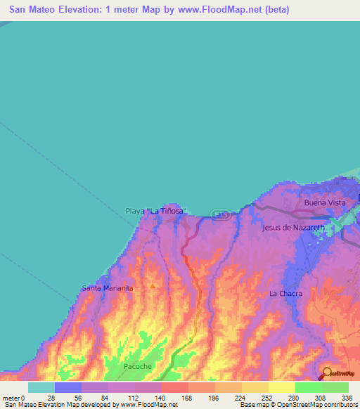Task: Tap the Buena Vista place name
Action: point(324,202)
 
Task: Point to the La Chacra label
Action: point(285,293)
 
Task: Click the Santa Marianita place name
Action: point(108,288)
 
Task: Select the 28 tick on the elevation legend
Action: point(51,397)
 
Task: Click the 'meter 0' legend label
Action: point(14,397)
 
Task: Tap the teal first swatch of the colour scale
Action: point(41,387)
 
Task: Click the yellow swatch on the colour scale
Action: point(281,387)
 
